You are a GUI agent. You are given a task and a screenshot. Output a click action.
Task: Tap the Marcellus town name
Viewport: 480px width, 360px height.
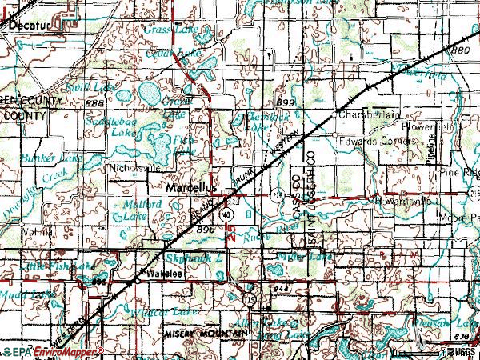point(193,186)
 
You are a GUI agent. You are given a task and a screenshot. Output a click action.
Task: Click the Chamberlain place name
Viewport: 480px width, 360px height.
point(368,115)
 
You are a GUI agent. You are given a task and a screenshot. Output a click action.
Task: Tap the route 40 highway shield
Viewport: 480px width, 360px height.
point(228,215)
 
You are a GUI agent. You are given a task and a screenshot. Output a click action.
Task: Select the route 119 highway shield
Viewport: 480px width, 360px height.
point(250,298)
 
